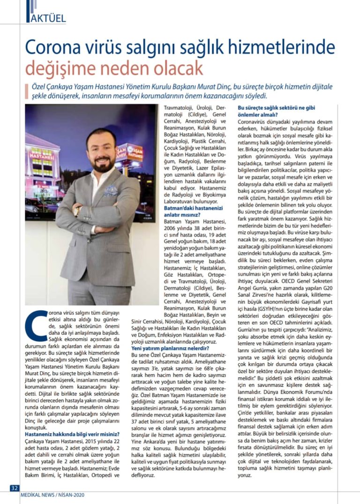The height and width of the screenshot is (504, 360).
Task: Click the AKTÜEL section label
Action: coord(47,18)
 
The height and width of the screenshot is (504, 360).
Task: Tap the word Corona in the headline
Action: coord(51,48)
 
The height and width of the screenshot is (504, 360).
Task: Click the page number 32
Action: coord(14,488)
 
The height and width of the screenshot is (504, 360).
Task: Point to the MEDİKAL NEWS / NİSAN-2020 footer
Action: coord(52,495)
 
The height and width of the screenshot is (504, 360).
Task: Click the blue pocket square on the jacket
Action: coord(111,190)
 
